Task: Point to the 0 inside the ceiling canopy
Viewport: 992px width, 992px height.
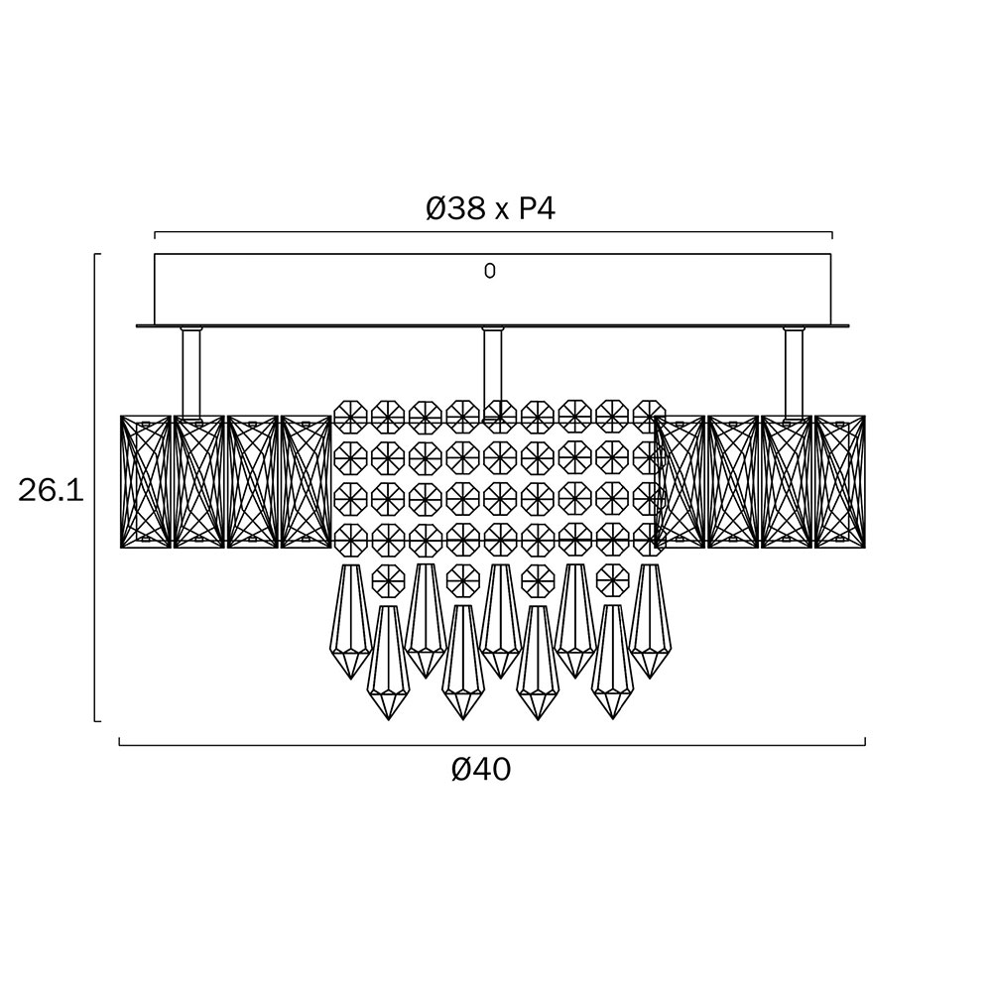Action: (489, 271)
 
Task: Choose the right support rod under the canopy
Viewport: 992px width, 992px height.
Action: (794, 372)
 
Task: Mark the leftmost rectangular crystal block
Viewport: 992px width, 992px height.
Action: (145, 481)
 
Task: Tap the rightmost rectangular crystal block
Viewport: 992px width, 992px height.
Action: (839, 481)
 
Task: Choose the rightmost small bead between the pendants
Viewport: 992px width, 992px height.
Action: (611, 577)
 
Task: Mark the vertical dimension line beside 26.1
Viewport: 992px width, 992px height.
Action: (95, 486)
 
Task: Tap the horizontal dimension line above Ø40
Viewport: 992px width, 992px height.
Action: (492, 744)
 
